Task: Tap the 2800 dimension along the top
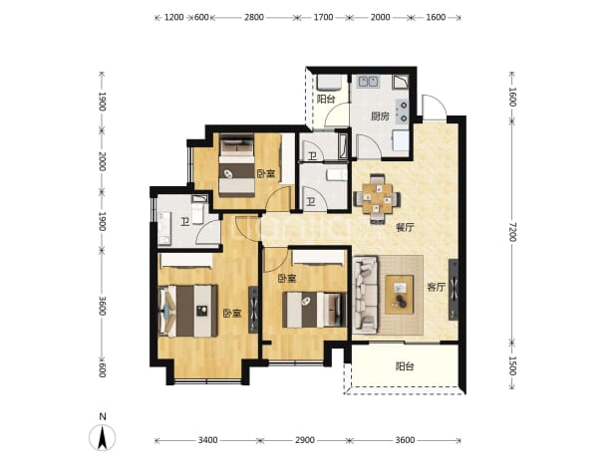pos(254,17)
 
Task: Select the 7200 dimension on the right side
pos(512,232)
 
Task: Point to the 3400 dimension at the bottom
pos(207,440)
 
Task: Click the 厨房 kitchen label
pos(380,116)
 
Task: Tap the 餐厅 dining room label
pos(405,228)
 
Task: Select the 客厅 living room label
pos(436,287)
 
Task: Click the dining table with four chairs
pos(378,198)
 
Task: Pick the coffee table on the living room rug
pos(399,295)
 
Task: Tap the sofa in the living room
pos(366,295)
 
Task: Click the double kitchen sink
pos(368,82)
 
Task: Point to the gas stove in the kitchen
pos(403,112)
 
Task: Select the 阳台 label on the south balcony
pos(405,366)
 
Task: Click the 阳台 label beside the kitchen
pos(326,99)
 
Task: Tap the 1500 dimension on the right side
pos(512,365)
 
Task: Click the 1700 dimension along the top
pos(323,17)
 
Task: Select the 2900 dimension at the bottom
pos(305,440)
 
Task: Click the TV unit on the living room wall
pos(453,290)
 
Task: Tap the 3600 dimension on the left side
pos(102,306)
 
